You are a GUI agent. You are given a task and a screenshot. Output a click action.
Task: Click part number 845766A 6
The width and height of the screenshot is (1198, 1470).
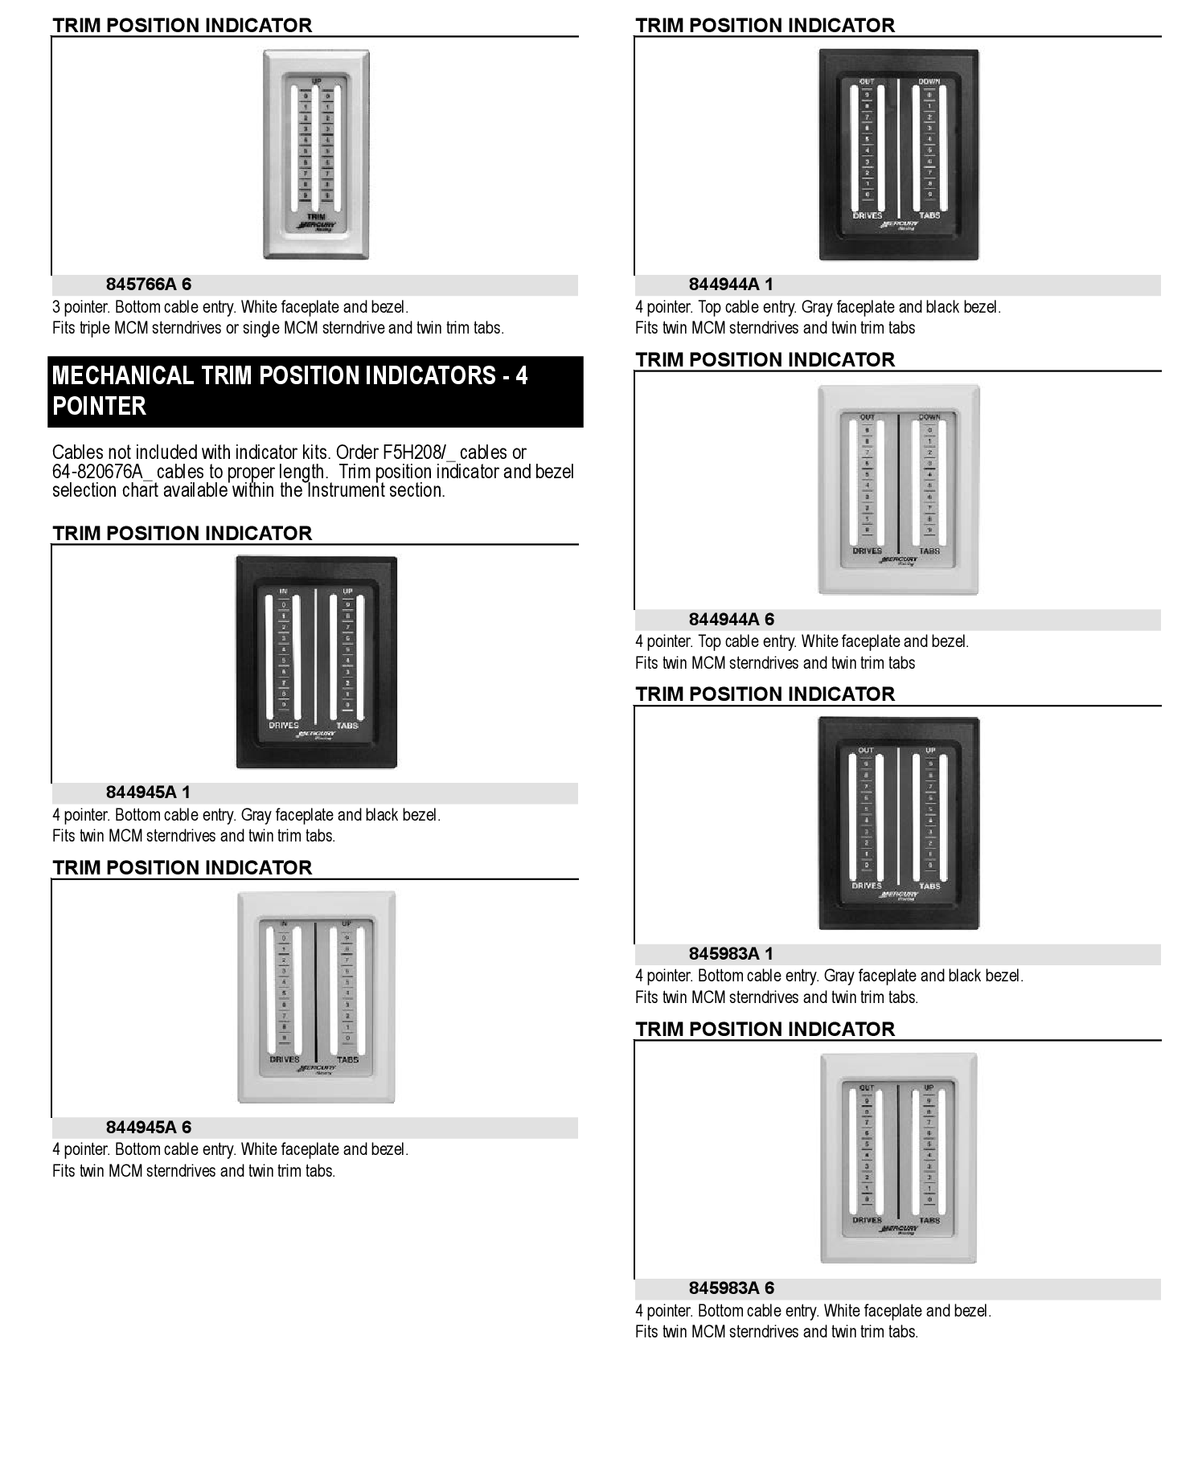[149, 285]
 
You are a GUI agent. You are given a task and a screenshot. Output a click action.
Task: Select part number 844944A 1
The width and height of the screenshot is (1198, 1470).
[731, 285]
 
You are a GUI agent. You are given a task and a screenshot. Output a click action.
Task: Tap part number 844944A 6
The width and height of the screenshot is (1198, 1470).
[732, 620]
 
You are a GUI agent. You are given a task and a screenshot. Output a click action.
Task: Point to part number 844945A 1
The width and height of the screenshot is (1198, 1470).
[148, 792]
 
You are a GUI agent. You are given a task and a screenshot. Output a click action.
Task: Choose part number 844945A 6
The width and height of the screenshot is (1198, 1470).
[149, 1128]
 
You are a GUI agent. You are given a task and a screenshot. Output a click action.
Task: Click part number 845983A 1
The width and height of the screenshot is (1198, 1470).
[731, 954]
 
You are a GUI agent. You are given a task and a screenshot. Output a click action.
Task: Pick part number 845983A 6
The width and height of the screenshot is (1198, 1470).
[732, 1288]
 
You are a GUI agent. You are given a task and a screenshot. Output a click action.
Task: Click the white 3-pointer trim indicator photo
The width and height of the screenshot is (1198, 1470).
[316, 154]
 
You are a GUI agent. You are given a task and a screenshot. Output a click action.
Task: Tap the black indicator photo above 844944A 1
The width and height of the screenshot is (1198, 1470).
[898, 154]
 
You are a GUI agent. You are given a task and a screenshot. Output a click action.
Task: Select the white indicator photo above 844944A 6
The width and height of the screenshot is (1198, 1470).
[898, 489]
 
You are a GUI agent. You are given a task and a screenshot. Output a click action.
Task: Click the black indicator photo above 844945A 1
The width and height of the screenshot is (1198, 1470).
[316, 662]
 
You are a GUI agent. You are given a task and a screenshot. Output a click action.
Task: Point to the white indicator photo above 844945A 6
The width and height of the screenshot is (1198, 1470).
[316, 997]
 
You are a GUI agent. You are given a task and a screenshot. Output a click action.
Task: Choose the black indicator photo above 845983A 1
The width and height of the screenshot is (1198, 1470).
[898, 823]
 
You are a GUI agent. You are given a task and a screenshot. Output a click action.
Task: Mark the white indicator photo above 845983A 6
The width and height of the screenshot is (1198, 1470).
[898, 1158]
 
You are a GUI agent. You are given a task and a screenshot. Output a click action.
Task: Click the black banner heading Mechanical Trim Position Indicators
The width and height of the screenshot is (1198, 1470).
[314, 391]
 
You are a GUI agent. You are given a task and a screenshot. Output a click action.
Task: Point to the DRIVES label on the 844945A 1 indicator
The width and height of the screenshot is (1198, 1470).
[284, 726]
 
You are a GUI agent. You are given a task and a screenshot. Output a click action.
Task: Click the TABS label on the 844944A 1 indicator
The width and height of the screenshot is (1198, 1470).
[929, 215]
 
